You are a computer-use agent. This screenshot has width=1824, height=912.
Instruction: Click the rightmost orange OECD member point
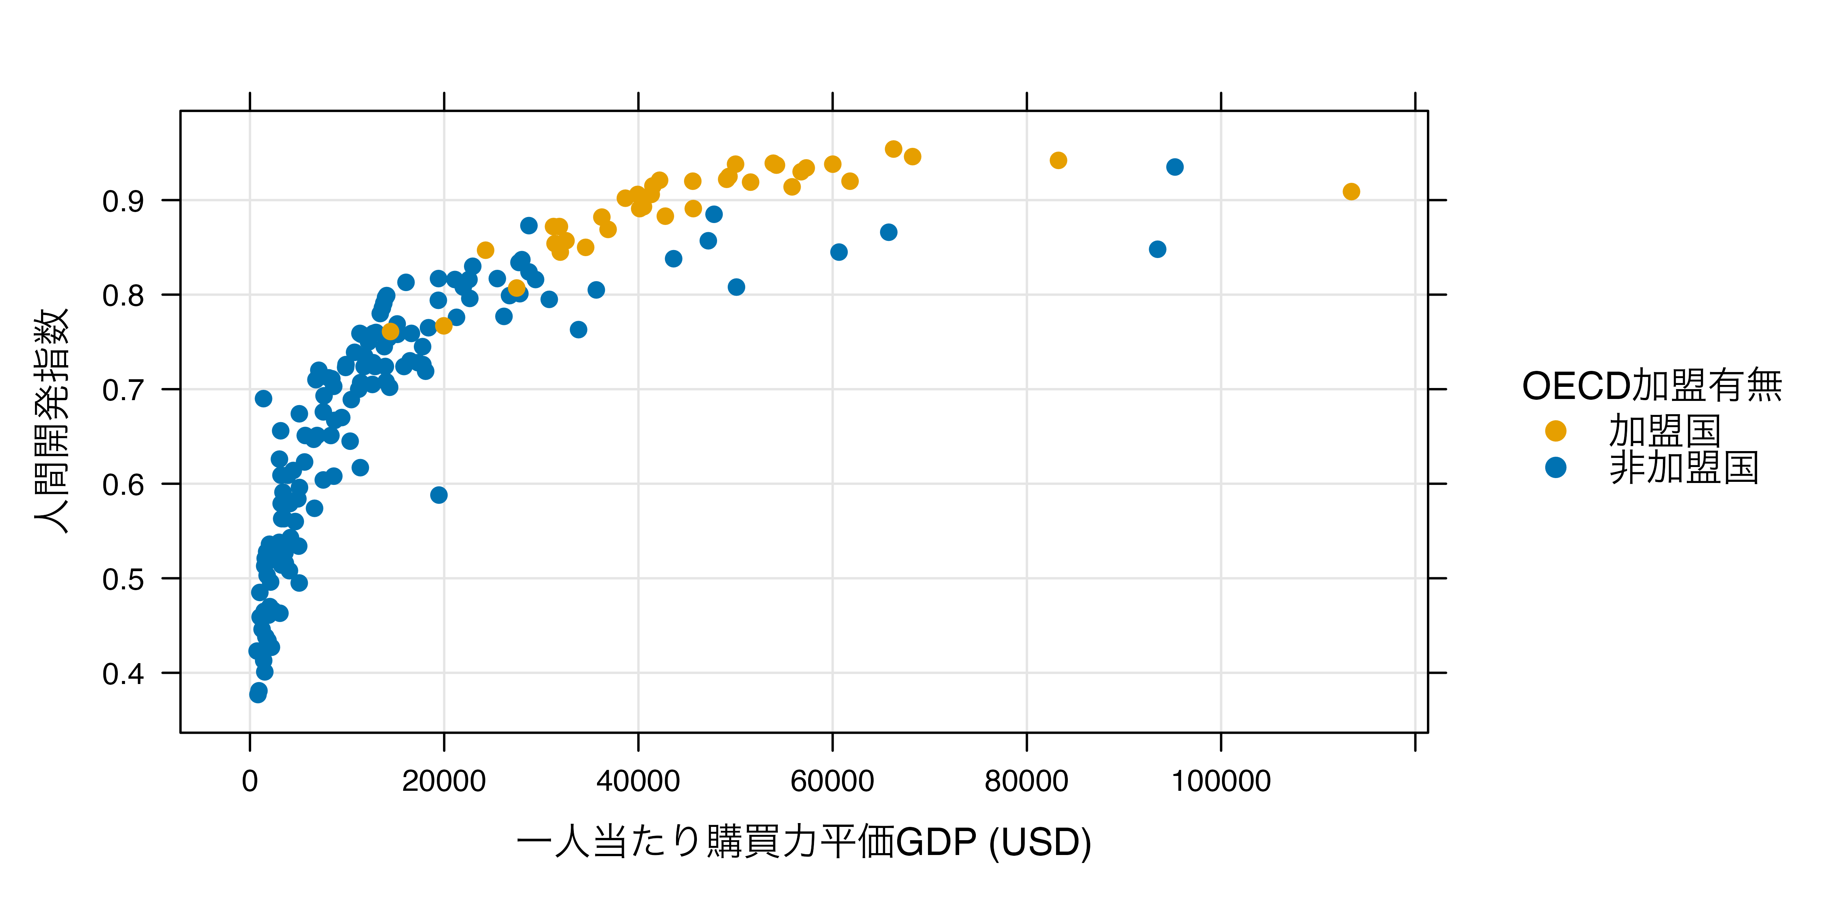click(1351, 191)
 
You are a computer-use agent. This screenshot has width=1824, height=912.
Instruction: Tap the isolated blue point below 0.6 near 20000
click(439, 495)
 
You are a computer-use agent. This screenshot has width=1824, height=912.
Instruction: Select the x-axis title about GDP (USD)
click(804, 842)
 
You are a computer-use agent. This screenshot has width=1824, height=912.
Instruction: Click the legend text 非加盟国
click(1684, 467)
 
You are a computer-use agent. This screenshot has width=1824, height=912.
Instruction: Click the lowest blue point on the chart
click(258, 694)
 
